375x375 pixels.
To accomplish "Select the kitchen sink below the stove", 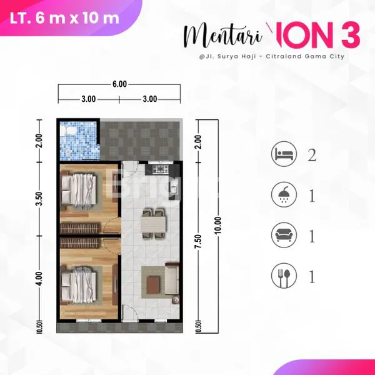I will coord(175,186).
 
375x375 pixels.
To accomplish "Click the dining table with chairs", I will coord(152,221).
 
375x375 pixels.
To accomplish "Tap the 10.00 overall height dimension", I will coord(217,224).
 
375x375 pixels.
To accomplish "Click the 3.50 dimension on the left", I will coord(39,200).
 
